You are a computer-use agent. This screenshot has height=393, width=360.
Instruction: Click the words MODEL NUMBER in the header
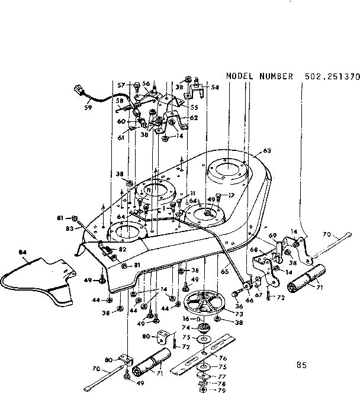coord(259,77)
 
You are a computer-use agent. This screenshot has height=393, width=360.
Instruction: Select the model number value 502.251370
coord(332,77)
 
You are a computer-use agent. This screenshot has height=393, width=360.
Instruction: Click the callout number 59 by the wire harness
coord(89,109)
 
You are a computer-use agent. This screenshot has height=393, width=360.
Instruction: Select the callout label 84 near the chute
coord(23,253)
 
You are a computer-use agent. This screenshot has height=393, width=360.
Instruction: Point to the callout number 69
coord(273,236)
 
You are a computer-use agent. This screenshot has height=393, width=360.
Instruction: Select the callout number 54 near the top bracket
coord(214,87)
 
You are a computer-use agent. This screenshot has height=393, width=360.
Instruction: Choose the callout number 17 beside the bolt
coord(232,196)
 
